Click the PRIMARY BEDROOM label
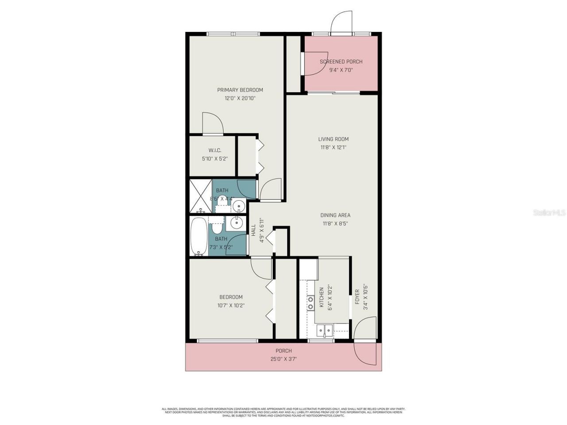[240, 90]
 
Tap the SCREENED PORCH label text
[341, 62]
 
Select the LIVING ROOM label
[333, 139]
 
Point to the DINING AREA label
[335, 215]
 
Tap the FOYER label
[357, 297]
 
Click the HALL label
[253, 230]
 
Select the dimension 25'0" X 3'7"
[283, 359]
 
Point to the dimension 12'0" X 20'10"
[240, 98]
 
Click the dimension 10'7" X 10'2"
[231, 305]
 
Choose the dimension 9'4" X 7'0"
[341, 70]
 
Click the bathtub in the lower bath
[199, 236]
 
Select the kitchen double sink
[325, 329]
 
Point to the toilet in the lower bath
[217, 227]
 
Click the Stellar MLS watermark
[549, 213]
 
